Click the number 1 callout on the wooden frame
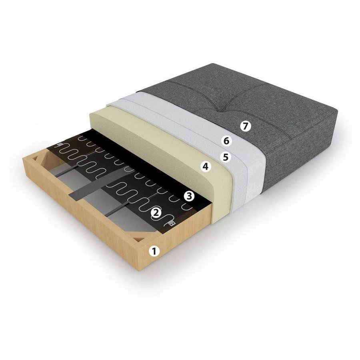pos(154,251)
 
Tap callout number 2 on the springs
pos(156,212)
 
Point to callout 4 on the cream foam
pos(205,166)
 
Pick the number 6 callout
pos(226,141)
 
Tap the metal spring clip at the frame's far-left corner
pos(60,145)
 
